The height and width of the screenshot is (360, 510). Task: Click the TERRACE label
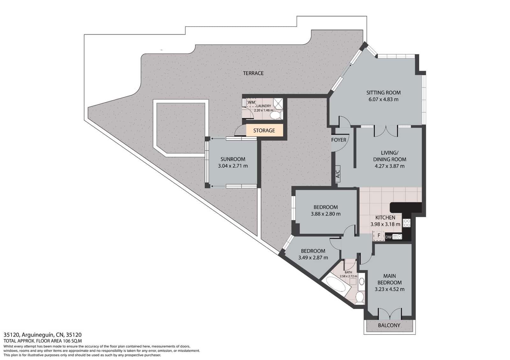(x=253, y=73)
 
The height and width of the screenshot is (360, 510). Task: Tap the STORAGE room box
(x=264, y=130)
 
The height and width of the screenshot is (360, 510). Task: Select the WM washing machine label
(x=251, y=102)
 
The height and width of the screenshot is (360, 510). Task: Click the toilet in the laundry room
(x=274, y=115)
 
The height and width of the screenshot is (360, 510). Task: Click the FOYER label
(x=339, y=140)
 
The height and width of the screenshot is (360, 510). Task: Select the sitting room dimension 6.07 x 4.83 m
(x=383, y=99)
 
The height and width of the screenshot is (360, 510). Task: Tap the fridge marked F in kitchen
(x=379, y=235)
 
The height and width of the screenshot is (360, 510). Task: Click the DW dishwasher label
(x=388, y=237)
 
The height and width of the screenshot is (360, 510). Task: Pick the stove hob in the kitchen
(x=406, y=223)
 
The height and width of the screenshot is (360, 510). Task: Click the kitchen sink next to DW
(x=397, y=237)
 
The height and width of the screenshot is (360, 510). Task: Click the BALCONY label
(x=389, y=325)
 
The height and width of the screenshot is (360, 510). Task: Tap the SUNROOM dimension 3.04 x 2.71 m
(x=233, y=166)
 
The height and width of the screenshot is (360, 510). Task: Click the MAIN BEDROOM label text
(x=390, y=279)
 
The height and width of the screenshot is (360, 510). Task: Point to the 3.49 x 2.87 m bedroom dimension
(x=313, y=258)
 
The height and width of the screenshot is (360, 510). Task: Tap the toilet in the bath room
(x=360, y=297)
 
